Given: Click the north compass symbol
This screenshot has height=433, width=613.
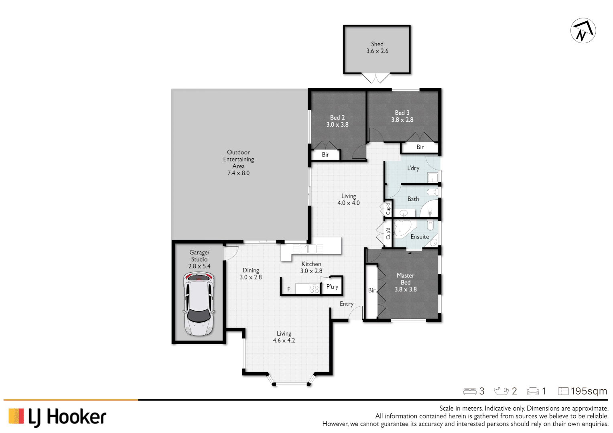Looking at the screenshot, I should [583, 30].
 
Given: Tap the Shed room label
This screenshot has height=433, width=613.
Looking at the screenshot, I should [377, 44].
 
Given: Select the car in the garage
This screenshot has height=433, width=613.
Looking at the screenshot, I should [199, 304].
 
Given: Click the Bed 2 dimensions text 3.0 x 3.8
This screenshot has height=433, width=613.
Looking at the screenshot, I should [337, 125].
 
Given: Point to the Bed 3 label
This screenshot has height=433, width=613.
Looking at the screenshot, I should [402, 113].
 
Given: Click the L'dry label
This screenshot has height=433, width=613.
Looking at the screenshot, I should [413, 168].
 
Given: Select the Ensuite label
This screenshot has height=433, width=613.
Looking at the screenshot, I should [420, 237].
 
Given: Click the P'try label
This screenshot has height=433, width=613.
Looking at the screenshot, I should [332, 287].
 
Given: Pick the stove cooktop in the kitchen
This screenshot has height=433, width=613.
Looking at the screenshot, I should [314, 289].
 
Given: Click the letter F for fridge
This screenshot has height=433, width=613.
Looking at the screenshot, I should [288, 289].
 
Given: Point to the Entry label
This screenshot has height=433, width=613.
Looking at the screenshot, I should [347, 304].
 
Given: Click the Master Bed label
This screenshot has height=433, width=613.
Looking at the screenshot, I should [406, 279].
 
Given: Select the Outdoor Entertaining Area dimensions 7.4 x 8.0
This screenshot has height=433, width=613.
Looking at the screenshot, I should [238, 173].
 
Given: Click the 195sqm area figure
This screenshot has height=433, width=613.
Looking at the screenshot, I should [589, 391].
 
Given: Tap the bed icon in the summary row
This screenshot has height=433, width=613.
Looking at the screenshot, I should [470, 391].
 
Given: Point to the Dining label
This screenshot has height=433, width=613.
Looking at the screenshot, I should [251, 271].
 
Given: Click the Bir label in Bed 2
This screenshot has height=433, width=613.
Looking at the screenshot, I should [325, 155].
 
